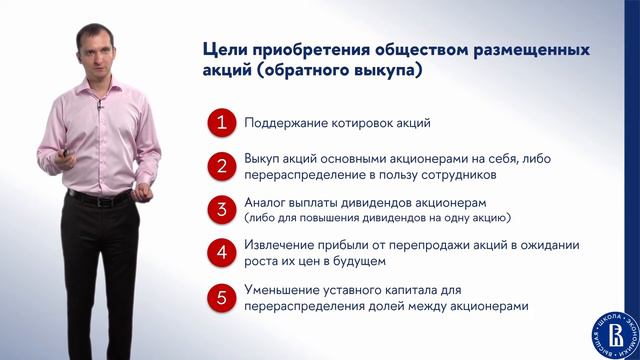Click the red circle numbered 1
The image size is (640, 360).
coord(222,124)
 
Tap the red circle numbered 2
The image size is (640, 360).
coord(222,167)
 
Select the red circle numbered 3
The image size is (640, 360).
coord(222,210)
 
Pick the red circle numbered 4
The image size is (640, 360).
coord(222,253)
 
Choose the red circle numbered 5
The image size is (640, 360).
coord(222,297)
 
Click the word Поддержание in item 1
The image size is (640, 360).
coord(285,124)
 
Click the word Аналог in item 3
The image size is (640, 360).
coord(266,203)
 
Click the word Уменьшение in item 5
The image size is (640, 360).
coord(282,289)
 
